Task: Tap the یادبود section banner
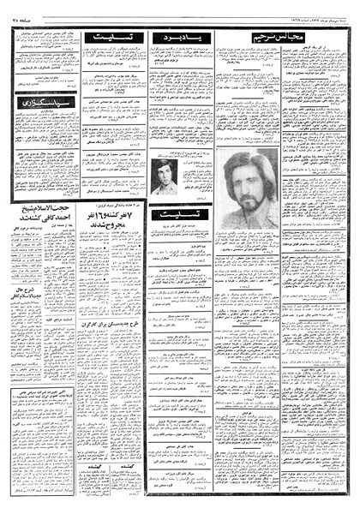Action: click(178, 38)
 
